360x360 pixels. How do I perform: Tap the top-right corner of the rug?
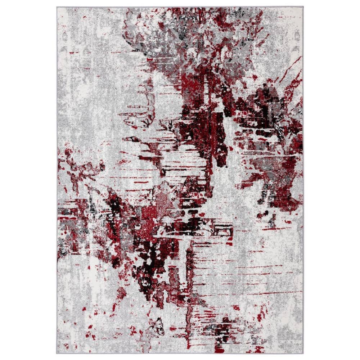pos(303,7)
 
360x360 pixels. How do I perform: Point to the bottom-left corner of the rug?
pos(57,353)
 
